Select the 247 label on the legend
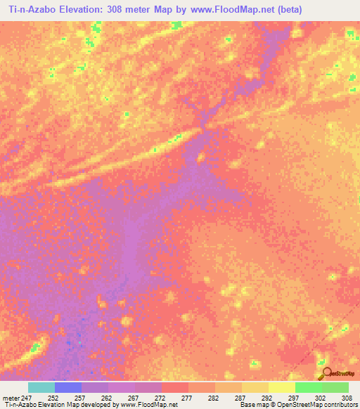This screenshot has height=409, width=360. (x=27, y=397)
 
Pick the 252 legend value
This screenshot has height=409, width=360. (x=53, y=397)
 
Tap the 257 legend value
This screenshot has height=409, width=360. (x=80, y=397)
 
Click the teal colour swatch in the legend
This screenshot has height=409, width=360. (x=41, y=387)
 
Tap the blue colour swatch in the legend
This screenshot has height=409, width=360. (x=67, y=387)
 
